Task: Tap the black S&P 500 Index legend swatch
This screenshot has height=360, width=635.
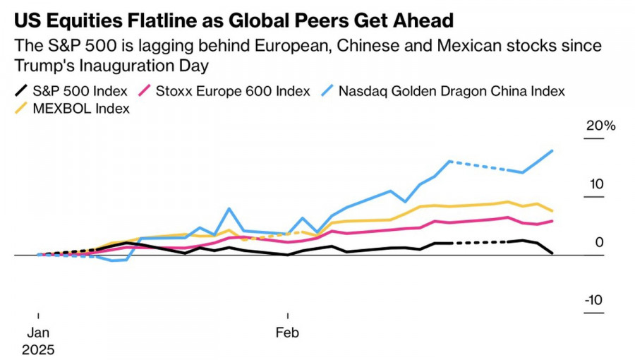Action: [23, 91]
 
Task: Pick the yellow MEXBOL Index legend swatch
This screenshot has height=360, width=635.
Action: [23, 109]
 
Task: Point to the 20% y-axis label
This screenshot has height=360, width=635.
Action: [601, 126]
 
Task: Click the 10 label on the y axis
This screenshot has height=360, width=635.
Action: [597, 185]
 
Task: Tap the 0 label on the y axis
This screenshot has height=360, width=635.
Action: [600, 243]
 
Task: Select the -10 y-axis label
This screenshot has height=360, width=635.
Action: [594, 301]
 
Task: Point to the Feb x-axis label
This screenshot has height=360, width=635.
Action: [286, 333]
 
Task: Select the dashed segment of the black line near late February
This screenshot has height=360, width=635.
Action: [480, 243]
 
